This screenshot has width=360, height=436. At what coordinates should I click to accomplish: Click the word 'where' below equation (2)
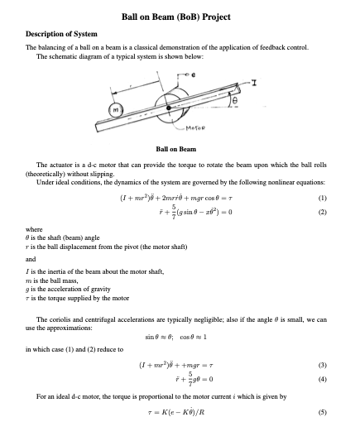(x=36, y=229)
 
